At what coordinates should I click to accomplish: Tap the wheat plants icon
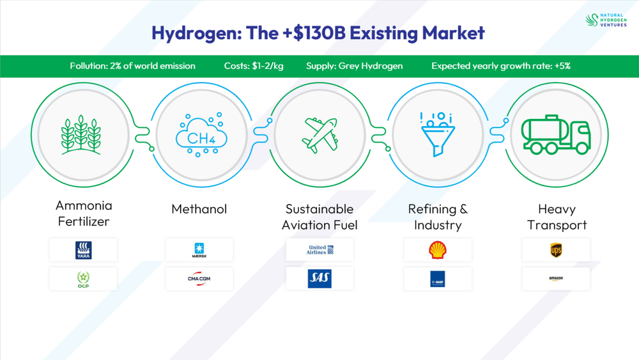coord(81,135)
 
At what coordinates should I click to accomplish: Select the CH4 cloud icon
coord(201,135)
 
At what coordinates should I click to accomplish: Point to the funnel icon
coord(438,134)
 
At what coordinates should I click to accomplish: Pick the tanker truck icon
coord(555,135)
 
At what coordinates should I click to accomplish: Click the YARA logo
coord(83,250)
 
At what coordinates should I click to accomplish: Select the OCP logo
coord(83,279)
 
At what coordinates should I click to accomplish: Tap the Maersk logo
coord(199,250)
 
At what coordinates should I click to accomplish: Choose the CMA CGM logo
coord(199,279)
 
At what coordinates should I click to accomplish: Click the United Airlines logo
coord(319,250)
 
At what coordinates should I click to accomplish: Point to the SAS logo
coord(319,279)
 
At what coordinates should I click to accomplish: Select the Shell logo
coord(438,250)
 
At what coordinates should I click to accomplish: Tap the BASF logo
coord(438,279)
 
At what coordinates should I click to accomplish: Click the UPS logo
coord(556,250)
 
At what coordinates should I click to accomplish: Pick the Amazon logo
coord(556,279)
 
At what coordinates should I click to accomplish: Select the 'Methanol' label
coord(199,209)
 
